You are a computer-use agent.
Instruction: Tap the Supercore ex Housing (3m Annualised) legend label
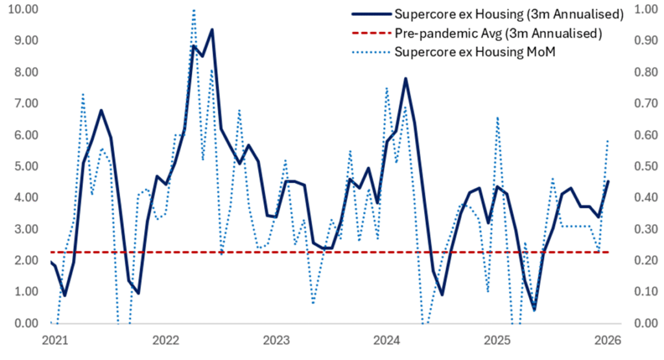point(509,14)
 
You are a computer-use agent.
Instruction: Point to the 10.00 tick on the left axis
point(21,9)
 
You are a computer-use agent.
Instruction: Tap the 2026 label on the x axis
point(608,341)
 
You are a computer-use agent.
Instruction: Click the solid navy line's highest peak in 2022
point(212,30)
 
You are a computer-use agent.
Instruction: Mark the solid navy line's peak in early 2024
point(405,78)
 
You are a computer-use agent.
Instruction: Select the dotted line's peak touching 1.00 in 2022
point(194,10)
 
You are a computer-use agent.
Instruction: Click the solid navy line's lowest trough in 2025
point(534,309)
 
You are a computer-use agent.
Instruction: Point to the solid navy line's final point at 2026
point(608,182)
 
